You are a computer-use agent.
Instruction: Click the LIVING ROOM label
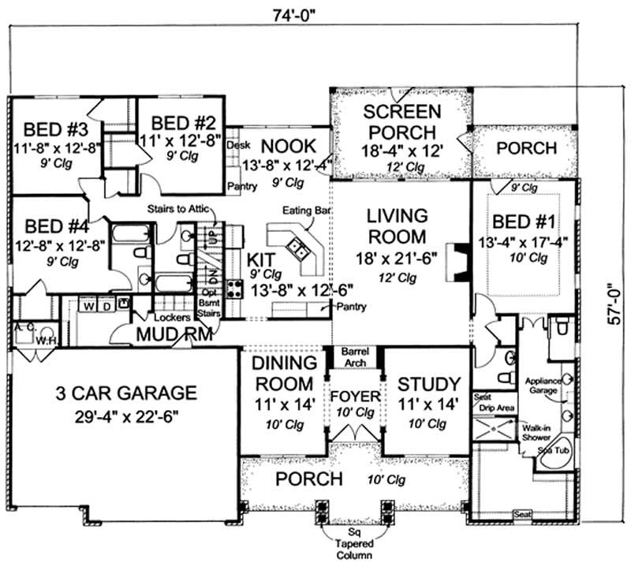[397, 226]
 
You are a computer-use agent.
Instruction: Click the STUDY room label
[428, 385]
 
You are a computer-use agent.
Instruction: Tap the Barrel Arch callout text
[353, 356]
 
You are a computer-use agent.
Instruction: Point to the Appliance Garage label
[542, 385]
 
